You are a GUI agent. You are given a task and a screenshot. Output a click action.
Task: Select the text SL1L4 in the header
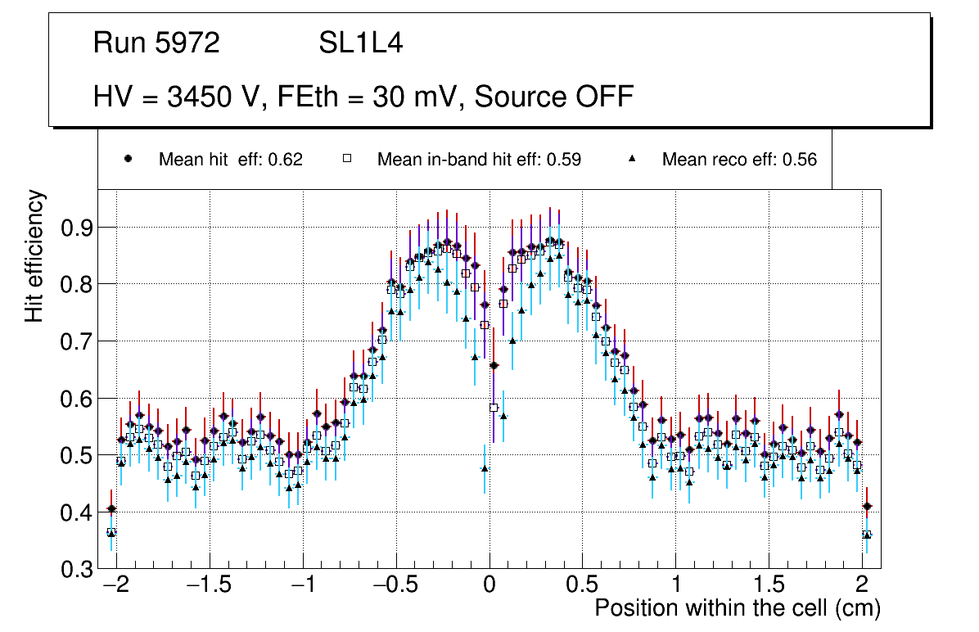(x=360, y=43)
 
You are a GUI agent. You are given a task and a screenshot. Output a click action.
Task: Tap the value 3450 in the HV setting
(x=196, y=97)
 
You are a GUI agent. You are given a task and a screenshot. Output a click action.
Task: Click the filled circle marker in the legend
(x=128, y=159)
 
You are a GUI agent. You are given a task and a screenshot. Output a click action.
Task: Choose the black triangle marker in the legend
(x=632, y=159)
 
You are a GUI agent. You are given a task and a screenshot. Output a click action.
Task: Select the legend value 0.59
(x=565, y=160)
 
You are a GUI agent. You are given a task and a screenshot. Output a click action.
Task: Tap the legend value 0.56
(x=801, y=160)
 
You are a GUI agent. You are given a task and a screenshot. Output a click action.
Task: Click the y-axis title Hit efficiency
(x=35, y=255)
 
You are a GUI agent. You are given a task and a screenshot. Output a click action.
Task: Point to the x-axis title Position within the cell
(x=737, y=608)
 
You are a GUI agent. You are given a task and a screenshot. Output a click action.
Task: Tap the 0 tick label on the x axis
(x=489, y=587)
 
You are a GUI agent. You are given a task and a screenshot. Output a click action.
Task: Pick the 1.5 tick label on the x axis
(x=769, y=587)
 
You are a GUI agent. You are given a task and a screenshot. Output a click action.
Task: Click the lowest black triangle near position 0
(x=485, y=469)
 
